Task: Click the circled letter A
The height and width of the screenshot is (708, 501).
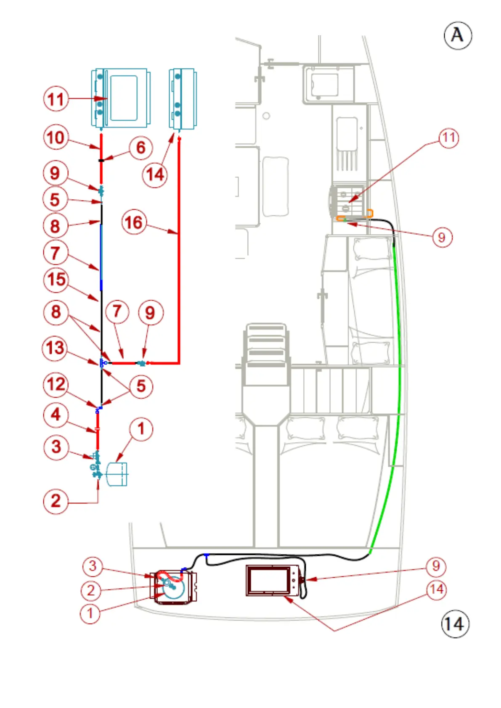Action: (458, 36)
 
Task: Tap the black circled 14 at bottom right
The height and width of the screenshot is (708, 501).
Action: (455, 624)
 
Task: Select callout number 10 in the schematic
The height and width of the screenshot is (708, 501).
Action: (56, 138)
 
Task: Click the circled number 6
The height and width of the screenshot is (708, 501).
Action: (140, 148)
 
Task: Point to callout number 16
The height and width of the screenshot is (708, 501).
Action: (134, 222)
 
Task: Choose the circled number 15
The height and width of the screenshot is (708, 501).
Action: (56, 280)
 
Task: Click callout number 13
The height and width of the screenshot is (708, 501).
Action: (55, 348)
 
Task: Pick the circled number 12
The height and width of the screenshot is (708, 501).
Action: (56, 384)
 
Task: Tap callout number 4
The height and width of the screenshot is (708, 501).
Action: (56, 415)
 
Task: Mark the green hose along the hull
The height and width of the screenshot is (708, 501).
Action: (397, 357)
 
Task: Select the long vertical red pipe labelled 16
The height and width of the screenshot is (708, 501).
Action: (179, 252)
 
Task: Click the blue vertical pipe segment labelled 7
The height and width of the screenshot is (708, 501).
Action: (101, 256)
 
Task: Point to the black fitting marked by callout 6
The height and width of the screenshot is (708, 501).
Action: (101, 160)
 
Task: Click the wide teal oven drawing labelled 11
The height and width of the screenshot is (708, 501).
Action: (121, 98)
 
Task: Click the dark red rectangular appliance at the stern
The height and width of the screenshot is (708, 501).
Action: (272, 581)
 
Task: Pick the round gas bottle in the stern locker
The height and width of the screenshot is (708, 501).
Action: (173, 587)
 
